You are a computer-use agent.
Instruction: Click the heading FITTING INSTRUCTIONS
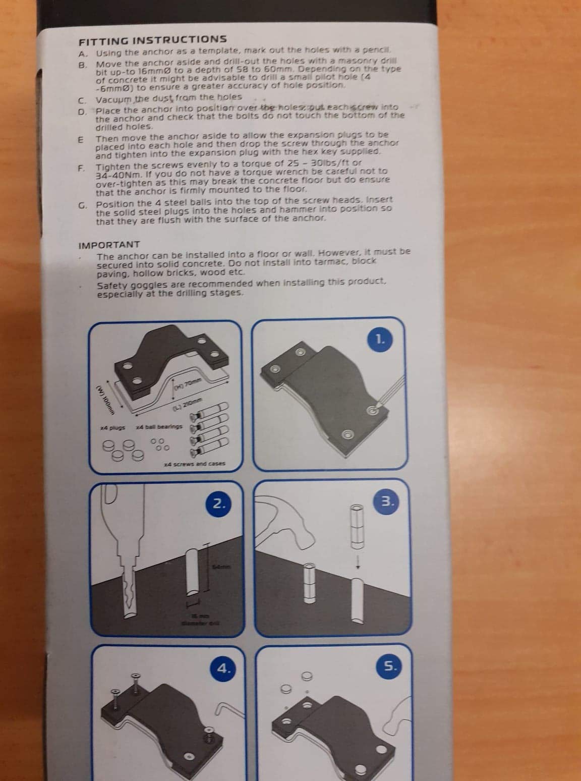(152, 39)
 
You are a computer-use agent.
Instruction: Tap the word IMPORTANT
(109, 245)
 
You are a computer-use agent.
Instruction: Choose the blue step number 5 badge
(390, 666)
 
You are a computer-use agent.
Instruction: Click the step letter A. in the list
(83, 53)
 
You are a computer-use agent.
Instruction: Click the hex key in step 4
(225, 709)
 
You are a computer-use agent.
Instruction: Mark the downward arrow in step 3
(358, 565)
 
